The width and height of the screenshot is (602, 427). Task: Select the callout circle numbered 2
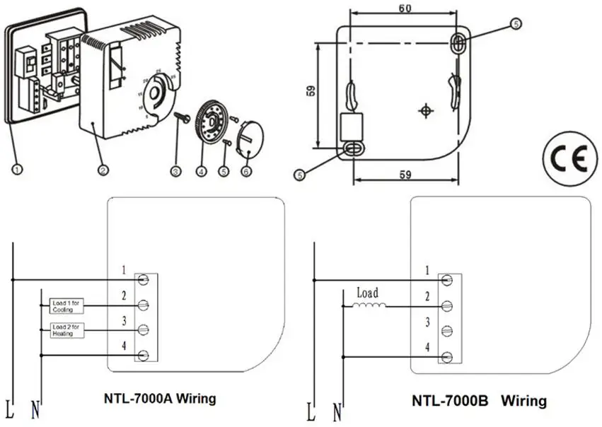[x=103, y=170]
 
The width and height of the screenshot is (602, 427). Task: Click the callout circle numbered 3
[x=176, y=170]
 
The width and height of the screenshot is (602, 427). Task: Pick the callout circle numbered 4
[x=201, y=170]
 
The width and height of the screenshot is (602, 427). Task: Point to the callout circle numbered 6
[x=245, y=170]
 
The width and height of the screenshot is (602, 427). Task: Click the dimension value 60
[x=405, y=8]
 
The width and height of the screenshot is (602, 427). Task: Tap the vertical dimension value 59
[x=312, y=92]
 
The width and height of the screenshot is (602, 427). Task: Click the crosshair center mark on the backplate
[x=426, y=111]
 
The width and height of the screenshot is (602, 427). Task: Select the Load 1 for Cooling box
[x=68, y=306]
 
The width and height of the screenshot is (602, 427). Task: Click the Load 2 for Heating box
[x=68, y=329]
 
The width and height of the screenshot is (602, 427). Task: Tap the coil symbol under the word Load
[x=369, y=306]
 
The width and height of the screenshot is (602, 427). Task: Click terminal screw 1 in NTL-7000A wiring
[x=144, y=280]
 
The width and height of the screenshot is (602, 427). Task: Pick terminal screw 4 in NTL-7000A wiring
[x=144, y=355]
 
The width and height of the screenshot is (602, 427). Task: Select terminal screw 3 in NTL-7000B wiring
[x=446, y=330]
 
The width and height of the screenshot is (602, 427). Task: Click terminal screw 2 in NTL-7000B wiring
[x=446, y=306]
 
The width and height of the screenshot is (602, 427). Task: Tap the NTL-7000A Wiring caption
[x=156, y=399]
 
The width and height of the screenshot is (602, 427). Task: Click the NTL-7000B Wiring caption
[x=479, y=401]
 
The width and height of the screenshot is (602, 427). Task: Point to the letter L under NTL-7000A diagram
[x=10, y=410]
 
